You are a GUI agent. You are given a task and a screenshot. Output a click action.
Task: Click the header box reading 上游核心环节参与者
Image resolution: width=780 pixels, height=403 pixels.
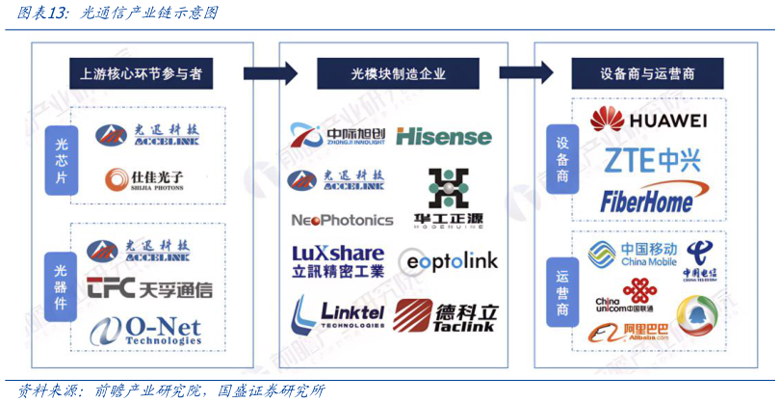click(x=141, y=73)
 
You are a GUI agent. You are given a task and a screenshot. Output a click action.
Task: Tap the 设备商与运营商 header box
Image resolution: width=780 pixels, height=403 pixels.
click(x=647, y=73)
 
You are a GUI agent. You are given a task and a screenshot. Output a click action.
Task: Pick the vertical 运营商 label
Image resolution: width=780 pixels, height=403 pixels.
click(x=563, y=288)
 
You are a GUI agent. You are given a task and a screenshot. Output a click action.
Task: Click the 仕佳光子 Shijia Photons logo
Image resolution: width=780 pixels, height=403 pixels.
click(x=144, y=178)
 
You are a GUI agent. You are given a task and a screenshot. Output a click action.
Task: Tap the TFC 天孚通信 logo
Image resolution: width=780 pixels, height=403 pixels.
click(x=149, y=288)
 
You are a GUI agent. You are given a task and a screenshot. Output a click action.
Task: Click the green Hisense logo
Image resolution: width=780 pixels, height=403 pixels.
click(x=443, y=137)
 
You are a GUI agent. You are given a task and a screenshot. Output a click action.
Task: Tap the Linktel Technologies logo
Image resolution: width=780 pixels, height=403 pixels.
click(x=338, y=313)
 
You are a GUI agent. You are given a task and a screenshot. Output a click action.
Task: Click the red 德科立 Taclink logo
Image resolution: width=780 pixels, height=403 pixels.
click(x=446, y=315)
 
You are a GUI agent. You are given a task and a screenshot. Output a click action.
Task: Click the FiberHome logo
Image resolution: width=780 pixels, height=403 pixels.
click(x=647, y=200)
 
